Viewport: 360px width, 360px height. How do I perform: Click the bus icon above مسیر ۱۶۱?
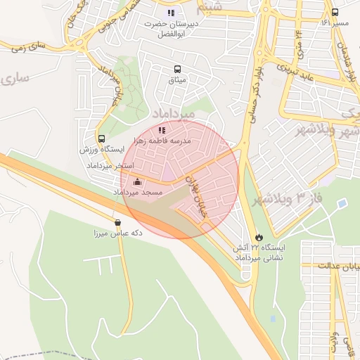(335, 13)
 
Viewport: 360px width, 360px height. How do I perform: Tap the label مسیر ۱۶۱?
(335, 23)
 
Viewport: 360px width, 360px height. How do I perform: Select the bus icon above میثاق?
(176, 69)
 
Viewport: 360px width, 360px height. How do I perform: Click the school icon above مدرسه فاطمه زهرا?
(162, 130)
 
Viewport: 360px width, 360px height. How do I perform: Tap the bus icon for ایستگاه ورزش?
(102, 139)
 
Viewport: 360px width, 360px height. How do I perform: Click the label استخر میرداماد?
(105, 165)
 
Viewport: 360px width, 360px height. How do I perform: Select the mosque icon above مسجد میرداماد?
(136, 181)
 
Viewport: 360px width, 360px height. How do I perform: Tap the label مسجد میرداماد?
(137, 192)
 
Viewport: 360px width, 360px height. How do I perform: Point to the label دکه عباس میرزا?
(117, 233)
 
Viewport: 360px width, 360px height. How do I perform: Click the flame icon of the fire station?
(259, 237)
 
